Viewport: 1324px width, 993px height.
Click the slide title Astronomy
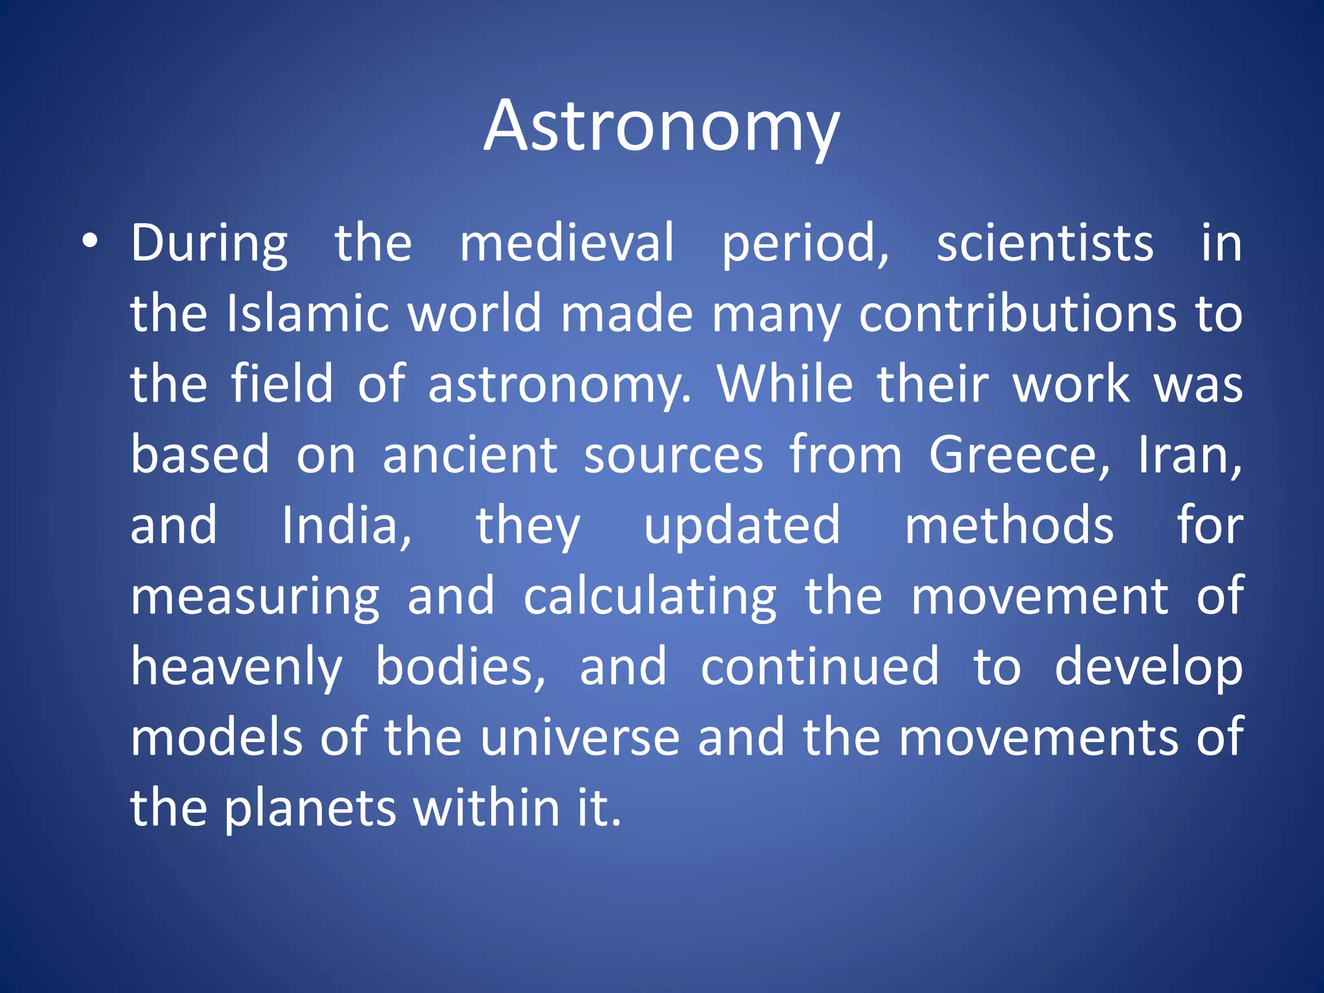(x=661, y=126)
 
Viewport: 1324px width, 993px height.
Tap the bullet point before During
(x=90, y=242)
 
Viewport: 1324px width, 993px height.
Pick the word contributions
(x=1018, y=314)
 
